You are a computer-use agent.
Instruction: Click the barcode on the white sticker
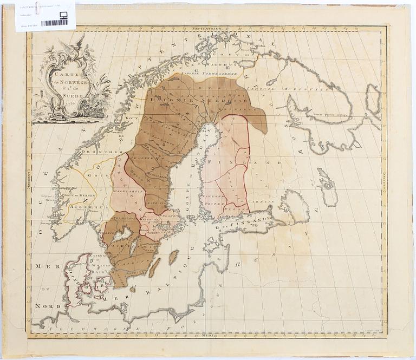[54, 23]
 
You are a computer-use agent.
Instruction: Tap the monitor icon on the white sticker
[63, 15]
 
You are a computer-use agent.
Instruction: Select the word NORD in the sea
[47, 306]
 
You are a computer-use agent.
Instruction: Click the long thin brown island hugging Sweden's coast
[154, 267]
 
